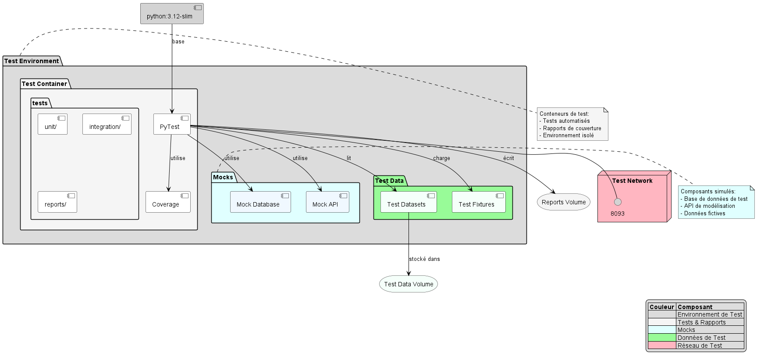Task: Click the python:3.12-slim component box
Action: (172, 14)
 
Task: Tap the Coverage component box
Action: (168, 202)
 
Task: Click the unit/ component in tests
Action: (53, 125)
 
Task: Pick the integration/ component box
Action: (107, 125)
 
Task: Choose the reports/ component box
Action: (57, 202)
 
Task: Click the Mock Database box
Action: (260, 202)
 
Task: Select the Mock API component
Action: (327, 202)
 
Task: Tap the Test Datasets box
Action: (409, 202)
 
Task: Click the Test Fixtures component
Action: (478, 202)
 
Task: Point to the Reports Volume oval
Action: (564, 202)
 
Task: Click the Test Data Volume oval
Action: (409, 284)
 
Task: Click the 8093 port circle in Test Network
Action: (618, 202)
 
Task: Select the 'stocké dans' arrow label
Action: (424, 259)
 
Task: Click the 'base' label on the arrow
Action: (178, 42)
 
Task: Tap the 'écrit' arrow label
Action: (508, 158)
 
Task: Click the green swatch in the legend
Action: (662, 338)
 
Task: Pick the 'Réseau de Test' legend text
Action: (700, 346)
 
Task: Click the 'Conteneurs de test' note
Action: (572, 125)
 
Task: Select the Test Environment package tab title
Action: (32, 61)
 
